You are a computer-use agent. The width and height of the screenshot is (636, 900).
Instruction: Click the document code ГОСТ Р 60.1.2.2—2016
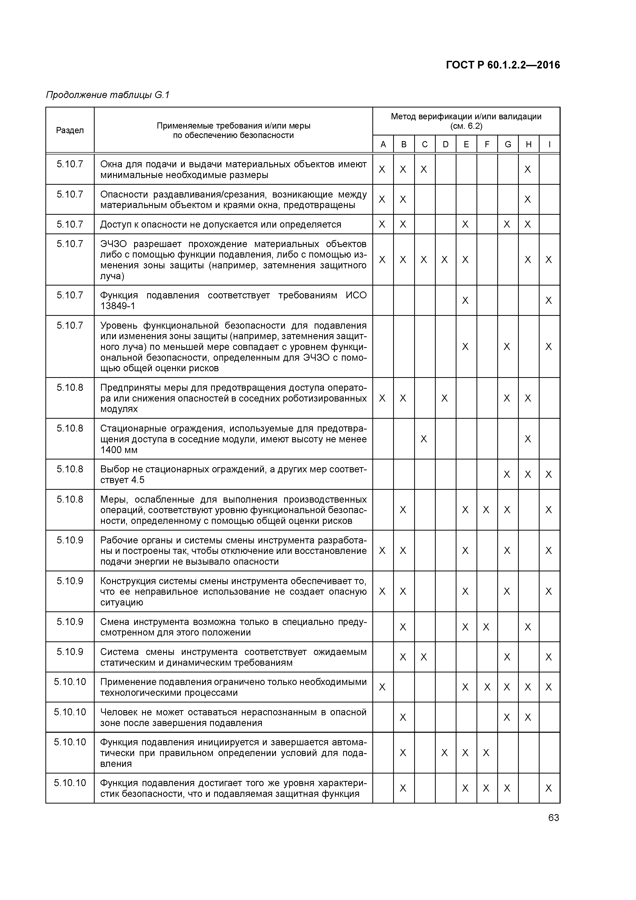(x=503, y=65)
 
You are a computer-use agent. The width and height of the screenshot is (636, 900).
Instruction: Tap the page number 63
(x=553, y=818)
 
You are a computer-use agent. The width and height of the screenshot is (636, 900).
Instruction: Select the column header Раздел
(x=70, y=130)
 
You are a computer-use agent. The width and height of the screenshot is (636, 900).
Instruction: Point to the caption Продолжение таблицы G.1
(x=108, y=95)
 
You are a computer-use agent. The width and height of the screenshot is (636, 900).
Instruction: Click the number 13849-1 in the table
(x=117, y=306)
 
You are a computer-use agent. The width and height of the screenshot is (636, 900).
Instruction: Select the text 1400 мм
(x=119, y=450)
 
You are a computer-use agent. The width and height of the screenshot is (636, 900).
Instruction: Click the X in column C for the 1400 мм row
(x=424, y=439)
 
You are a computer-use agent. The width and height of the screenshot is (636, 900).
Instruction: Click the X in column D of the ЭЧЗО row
(x=444, y=260)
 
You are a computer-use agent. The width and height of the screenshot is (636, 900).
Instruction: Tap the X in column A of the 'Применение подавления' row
(x=382, y=687)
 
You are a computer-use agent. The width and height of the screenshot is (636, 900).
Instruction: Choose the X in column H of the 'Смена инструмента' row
(x=528, y=627)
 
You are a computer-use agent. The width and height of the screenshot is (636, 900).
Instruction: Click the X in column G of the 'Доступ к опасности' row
(x=507, y=224)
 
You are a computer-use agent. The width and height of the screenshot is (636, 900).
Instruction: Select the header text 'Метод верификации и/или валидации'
(x=466, y=117)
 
